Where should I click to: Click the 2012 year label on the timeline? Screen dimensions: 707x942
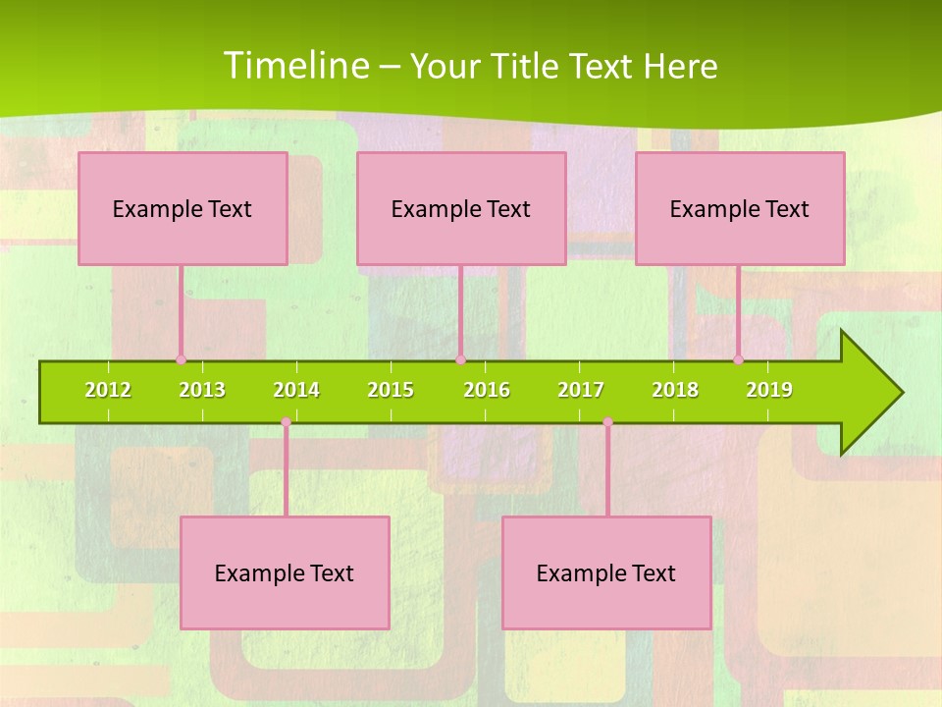pyautogui.click(x=108, y=390)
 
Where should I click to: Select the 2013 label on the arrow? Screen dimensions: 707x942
pyautogui.click(x=202, y=390)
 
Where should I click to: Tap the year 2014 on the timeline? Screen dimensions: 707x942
pyautogui.click(x=296, y=390)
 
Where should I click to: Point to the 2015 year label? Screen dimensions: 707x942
pyautogui.click(x=391, y=390)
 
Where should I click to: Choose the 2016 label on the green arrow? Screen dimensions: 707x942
pyautogui.click(x=487, y=390)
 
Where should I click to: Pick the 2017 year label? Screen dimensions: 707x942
pyautogui.click(x=581, y=390)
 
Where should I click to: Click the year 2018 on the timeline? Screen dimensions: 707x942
pyautogui.click(x=675, y=390)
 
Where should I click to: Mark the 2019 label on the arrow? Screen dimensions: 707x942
pyautogui.click(x=769, y=390)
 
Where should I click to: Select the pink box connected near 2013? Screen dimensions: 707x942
pyautogui.click(x=183, y=208)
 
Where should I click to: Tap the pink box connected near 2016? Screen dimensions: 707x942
pyautogui.click(x=461, y=208)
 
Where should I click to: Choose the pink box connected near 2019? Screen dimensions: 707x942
pyautogui.click(x=740, y=208)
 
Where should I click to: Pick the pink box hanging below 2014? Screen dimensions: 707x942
pyautogui.click(x=285, y=572)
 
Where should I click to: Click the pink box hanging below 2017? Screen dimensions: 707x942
pyautogui.click(x=606, y=572)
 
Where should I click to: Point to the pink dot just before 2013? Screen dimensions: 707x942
pyautogui.click(x=181, y=360)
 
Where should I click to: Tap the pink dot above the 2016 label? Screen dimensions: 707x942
pyautogui.click(x=460, y=360)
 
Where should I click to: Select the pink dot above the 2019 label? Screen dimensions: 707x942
pyautogui.click(x=739, y=360)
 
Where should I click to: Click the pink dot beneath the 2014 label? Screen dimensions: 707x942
pyautogui.click(x=286, y=422)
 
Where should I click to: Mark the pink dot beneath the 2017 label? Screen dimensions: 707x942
pyautogui.click(x=607, y=422)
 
